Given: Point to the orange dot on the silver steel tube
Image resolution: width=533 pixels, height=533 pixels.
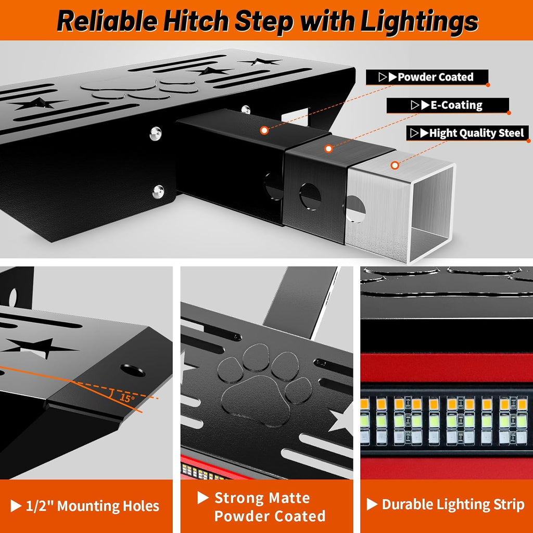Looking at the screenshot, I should [395, 166].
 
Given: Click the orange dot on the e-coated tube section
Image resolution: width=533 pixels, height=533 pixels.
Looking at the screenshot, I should [328, 149].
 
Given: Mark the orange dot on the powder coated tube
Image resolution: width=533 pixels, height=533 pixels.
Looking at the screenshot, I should [264, 130].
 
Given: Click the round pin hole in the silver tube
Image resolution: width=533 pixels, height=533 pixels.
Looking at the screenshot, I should [357, 209].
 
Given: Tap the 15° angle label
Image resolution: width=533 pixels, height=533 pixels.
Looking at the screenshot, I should [126, 398].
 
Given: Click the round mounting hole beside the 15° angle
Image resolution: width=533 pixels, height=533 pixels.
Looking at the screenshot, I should [133, 371].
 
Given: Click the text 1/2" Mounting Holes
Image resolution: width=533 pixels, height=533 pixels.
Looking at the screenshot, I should [92, 505].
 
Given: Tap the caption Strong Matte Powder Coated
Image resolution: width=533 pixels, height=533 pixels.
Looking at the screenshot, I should [270, 507].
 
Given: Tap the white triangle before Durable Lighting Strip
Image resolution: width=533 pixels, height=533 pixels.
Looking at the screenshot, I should [372, 504].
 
